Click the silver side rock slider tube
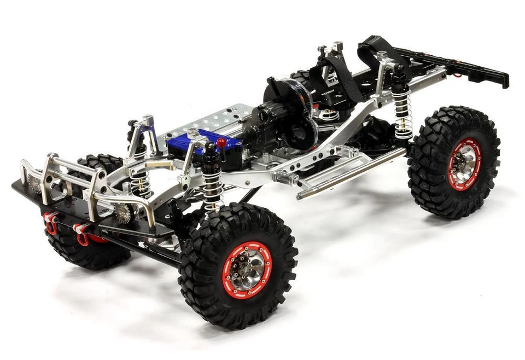point(350,172)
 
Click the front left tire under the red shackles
point(82,252)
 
